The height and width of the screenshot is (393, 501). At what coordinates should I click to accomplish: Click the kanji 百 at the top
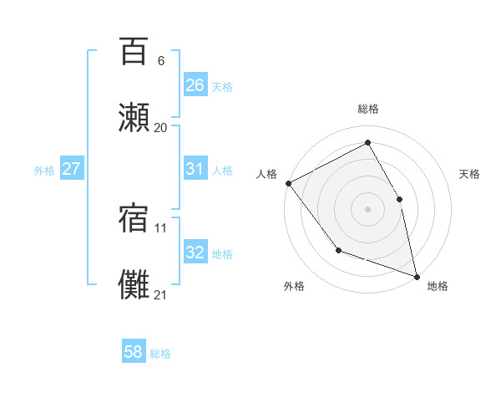(134, 52)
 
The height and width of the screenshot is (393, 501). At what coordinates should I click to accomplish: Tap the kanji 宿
(134, 216)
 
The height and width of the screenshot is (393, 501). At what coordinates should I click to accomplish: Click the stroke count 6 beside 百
(160, 61)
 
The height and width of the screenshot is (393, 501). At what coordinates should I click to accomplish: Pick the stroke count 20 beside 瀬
(160, 127)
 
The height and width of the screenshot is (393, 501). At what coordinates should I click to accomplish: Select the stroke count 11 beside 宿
(160, 227)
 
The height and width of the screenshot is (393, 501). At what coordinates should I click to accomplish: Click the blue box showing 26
(195, 85)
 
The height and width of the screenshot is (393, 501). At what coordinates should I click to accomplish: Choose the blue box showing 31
(195, 169)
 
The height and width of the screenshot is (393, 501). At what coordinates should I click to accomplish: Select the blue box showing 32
(195, 253)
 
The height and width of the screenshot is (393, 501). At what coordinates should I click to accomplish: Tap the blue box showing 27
(71, 169)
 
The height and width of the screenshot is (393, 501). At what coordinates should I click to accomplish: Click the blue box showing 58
(134, 352)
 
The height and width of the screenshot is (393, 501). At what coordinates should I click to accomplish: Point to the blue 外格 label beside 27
(44, 170)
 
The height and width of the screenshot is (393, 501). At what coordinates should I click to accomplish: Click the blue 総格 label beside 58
(160, 354)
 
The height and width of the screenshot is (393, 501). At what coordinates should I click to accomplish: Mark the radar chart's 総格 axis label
(367, 109)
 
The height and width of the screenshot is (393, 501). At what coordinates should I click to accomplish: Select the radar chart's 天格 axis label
(469, 174)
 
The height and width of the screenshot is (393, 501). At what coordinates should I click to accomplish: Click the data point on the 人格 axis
(288, 183)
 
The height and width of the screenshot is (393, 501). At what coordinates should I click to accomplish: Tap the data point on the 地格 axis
(417, 276)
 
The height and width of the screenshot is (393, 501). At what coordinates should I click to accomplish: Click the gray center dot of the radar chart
(367, 209)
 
